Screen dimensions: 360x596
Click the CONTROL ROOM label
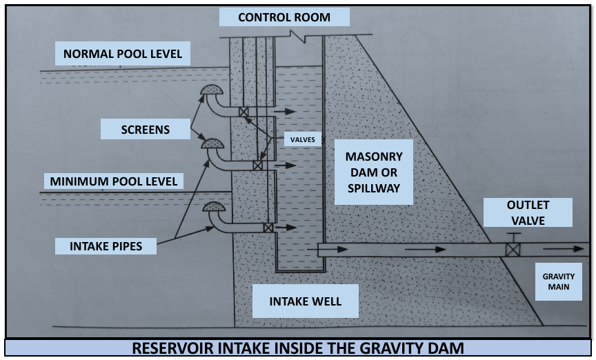[284, 17]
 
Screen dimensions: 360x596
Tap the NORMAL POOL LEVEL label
[123, 54]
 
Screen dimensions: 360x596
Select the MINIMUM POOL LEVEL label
[114, 182]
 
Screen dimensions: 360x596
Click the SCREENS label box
[145, 129]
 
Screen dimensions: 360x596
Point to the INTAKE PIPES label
[106, 246]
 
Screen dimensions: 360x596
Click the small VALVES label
[303, 139]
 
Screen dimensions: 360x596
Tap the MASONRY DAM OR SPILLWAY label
[372, 172]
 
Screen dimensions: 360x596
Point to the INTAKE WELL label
[305, 302]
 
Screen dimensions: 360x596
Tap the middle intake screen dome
[212, 143]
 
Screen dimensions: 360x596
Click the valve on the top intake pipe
[244, 112]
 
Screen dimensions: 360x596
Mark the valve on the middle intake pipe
[257, 166]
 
